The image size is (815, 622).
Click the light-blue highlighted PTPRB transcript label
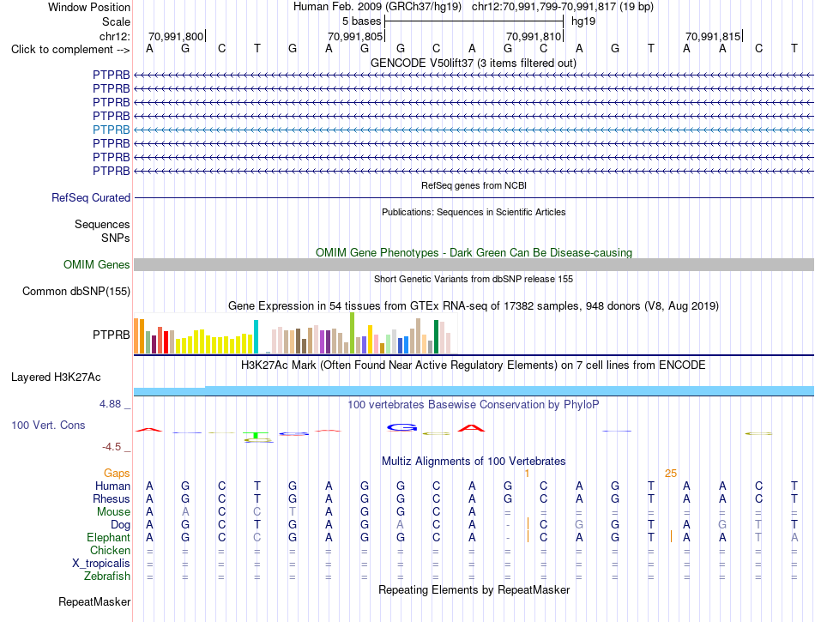112,130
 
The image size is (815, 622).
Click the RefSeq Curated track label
91,198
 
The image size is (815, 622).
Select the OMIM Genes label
97,265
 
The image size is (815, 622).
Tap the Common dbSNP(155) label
76,292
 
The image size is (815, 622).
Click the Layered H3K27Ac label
56,377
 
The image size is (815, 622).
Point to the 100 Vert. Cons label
48,425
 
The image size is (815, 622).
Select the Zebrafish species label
107,577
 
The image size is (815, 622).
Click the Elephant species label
109,538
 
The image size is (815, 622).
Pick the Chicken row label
110,550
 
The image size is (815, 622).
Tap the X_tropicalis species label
101,564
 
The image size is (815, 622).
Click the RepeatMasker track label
94,602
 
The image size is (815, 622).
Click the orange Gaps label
117,474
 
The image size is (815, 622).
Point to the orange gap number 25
671,474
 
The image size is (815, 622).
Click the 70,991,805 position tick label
355,36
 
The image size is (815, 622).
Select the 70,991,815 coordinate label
713,36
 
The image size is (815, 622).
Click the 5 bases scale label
362,21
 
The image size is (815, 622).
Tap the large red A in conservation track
472,428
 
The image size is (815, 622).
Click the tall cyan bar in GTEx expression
256,336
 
